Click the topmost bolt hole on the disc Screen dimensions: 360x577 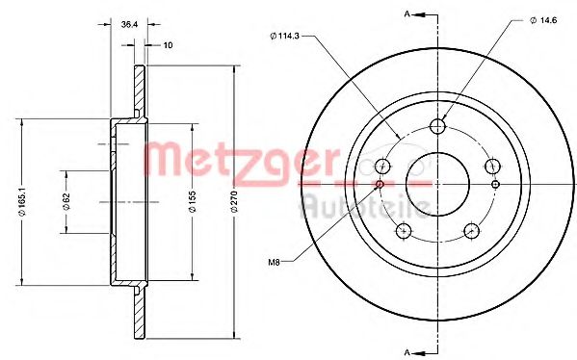coord(438,126)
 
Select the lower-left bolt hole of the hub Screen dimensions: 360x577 coord(405,230)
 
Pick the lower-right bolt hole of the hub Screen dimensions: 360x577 coord(472,230)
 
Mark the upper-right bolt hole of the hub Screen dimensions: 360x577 coord(493,166)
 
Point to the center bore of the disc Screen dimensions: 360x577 coord(438,183)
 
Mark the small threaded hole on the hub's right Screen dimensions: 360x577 coord(496,184)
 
